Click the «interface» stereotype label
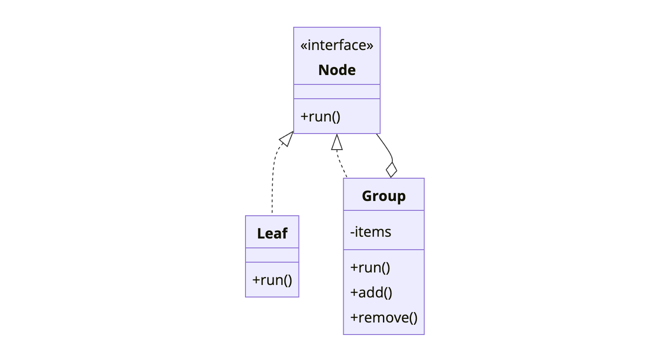337,46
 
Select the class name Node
337,70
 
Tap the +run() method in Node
320,117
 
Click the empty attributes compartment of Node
337,92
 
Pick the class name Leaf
272,233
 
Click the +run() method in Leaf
272,280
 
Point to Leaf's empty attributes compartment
272,255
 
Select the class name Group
383,196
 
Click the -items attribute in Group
370,232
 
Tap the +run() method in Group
370,268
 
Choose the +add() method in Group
371,293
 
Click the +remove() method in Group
383,318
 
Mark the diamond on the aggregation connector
391,170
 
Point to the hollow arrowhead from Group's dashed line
337,142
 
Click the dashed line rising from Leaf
272,179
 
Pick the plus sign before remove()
354,318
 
